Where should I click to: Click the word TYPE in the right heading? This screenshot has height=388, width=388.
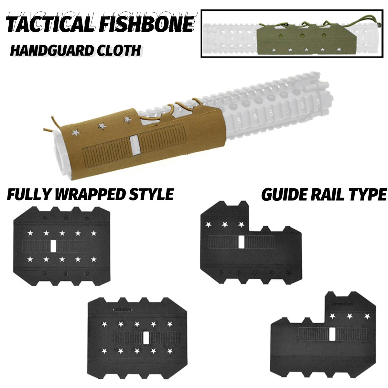point(368,195)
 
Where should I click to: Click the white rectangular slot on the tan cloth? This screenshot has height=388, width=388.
point(133,143)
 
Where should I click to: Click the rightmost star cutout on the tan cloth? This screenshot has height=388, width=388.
point(127,120)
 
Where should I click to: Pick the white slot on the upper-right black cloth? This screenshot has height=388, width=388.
point(241,242)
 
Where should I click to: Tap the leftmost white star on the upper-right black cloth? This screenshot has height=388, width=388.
point(208,224)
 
